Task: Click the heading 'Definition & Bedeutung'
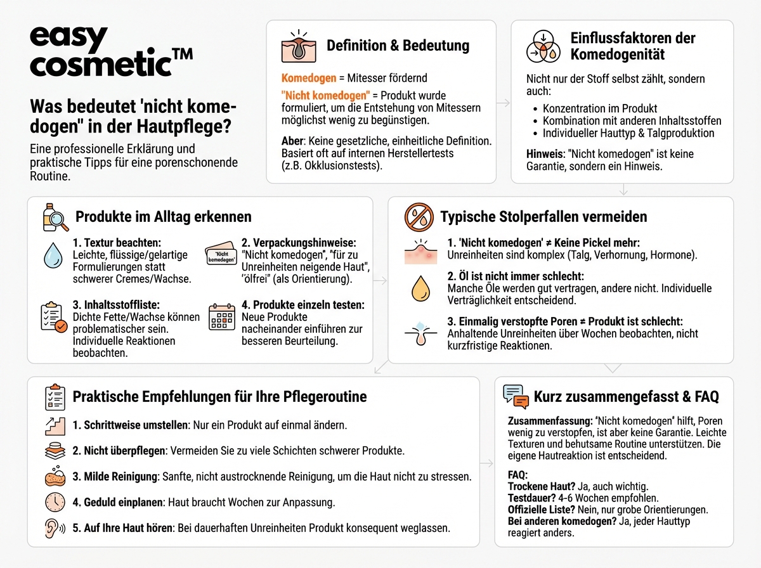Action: [x=398, y=46]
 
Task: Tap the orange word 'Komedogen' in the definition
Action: [x=308, y=79]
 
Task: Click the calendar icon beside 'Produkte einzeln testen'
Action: [x=222, y=316]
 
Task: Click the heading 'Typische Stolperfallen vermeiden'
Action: [x=543, y=217]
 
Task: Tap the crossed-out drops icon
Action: [x=419, y=217]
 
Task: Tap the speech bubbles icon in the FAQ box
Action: [x=516, y=396]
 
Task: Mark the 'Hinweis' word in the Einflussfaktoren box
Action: [x=544, y=154]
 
